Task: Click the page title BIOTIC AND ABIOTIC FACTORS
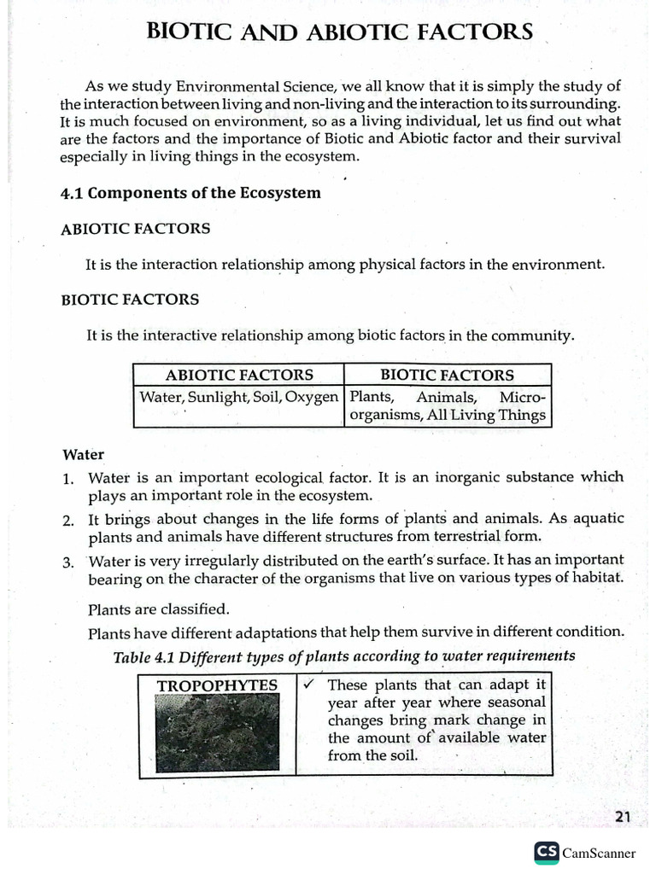pos(340,32)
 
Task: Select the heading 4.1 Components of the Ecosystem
pos(190,193)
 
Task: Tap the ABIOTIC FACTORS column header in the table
pos(239,375)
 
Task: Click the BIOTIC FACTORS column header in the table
pos(447,375)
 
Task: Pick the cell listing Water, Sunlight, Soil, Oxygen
pos(239,398)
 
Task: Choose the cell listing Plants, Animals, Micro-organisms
pos(447,406)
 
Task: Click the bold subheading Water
pos(83,455)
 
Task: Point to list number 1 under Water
pos(67,479)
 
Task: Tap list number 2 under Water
pos(67,520)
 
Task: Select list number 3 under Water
pos(67,562)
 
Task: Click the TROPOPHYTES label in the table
pos(217,685)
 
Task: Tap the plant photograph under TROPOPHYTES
pos(217,733)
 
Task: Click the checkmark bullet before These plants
pos(309,685)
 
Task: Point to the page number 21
pos(623,817)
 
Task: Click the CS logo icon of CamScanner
pos(546,852)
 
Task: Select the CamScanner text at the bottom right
pos(599,853)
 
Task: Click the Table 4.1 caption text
pos(344,656)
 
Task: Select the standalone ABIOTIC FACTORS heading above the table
pos(135,230)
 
